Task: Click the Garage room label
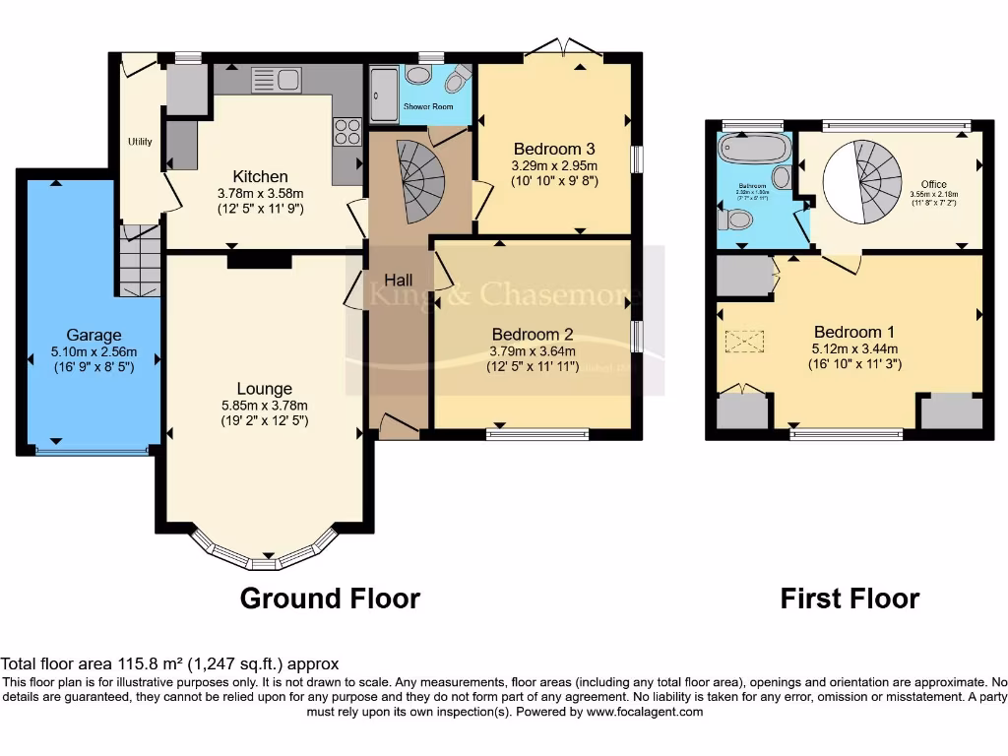click(x=94, y=335)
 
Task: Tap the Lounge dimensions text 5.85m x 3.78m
click(x=264, y=405)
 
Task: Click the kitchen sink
click(x=276, y=80)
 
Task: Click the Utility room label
click(x=140, y=142)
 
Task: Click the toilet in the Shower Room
click(x=457, y=78)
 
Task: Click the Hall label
click(x=398, y=280)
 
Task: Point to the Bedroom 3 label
click(x=555, y=150)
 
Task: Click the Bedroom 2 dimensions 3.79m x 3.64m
click(x=533, y=350)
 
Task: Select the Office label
click(x=933, y=184)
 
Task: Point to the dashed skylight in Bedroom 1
click(x=744, y=341)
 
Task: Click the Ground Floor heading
click(x=330, y=598)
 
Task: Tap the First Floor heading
click(x=850, y=598)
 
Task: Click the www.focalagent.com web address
click(x=646, y=712)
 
